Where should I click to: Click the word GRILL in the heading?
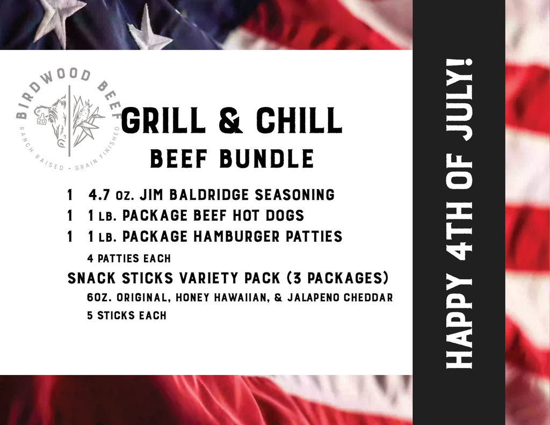(x=163, y=120)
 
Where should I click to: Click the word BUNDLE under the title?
(x=267, y=159)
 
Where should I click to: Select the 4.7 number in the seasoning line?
(x=99, y=195)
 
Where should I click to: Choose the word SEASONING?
(x=295, y=195)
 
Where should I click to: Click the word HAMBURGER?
(x=236, y=236)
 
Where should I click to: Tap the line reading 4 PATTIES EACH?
(x=129, y=258)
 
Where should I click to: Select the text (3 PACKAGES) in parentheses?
(x=338, y=278)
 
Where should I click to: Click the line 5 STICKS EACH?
(x=127, y=315)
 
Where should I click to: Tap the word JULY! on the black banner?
(x=459, y=100)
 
